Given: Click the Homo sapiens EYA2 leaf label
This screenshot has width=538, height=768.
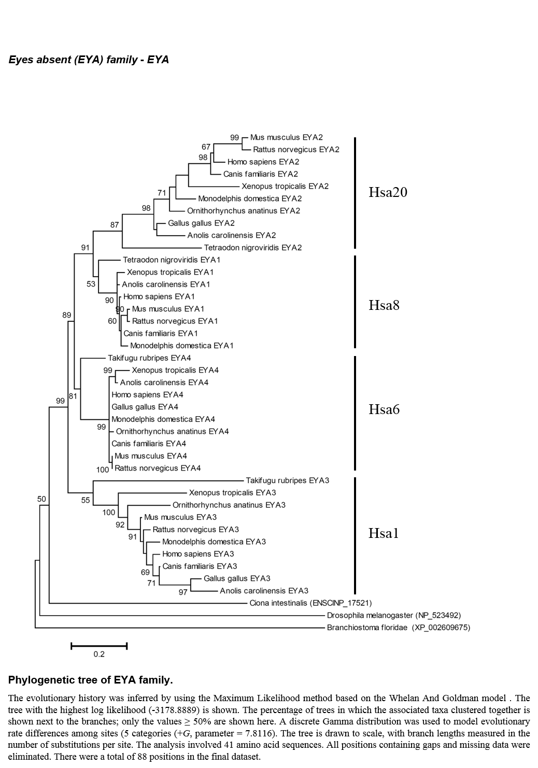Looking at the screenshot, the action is [x=263, y=162].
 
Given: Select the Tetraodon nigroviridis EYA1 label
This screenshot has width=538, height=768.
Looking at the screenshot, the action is [x=172, y=260].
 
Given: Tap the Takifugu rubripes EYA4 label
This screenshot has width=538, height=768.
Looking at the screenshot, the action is [x=149, y=358].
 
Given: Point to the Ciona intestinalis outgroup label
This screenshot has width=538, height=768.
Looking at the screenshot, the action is [x=310, y=603].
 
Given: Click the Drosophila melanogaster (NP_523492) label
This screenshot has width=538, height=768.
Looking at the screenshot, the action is [x=394, y=616].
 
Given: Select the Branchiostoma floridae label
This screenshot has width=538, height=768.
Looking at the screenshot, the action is [x=399, y=628].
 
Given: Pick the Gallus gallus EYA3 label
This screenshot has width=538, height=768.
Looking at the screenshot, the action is [x=237, y=578].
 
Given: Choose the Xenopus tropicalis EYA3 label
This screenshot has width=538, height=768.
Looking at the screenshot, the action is [x=233, y=493].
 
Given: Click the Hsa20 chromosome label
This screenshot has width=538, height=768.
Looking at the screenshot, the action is [x=388, y=192].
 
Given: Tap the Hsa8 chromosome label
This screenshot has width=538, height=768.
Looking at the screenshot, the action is [x=384, y=305].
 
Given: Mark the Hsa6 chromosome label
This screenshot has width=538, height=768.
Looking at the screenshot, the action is [x=384, y=409].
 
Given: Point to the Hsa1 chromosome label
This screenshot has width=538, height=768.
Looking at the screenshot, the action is [x=384, y=533].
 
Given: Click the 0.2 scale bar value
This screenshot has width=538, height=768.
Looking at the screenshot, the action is [x=99, y=654].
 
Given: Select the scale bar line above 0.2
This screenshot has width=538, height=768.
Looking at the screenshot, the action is [x=99, y=646].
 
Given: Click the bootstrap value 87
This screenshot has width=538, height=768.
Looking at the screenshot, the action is [x=115, y=225].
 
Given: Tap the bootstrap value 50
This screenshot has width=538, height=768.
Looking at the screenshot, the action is [x=41, y=499].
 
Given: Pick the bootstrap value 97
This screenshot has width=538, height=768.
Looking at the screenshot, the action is [x=183, y=592].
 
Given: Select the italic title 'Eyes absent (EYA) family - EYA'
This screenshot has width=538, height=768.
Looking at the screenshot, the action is [x=89, y=60].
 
